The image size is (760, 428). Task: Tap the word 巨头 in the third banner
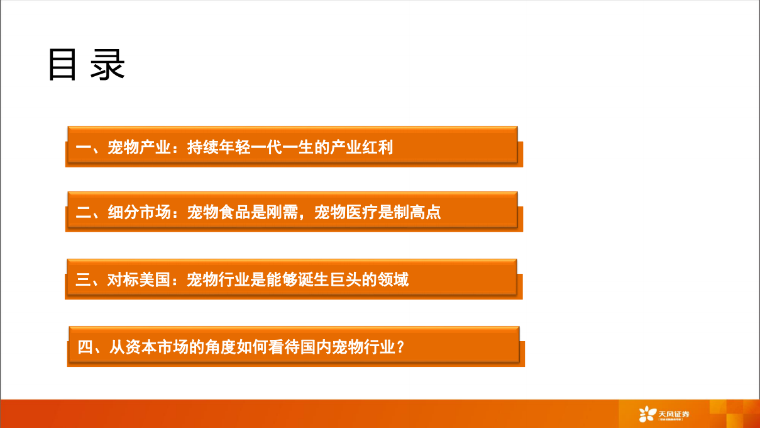pyautogui.click(x=346, y=279)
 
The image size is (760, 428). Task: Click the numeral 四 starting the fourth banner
pyautogui.click(x=85, y=347)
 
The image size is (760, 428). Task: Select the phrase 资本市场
pyautogui.click(x=157, y=347)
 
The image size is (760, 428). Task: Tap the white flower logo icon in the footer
pyautogui.click(x=647, y=414)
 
